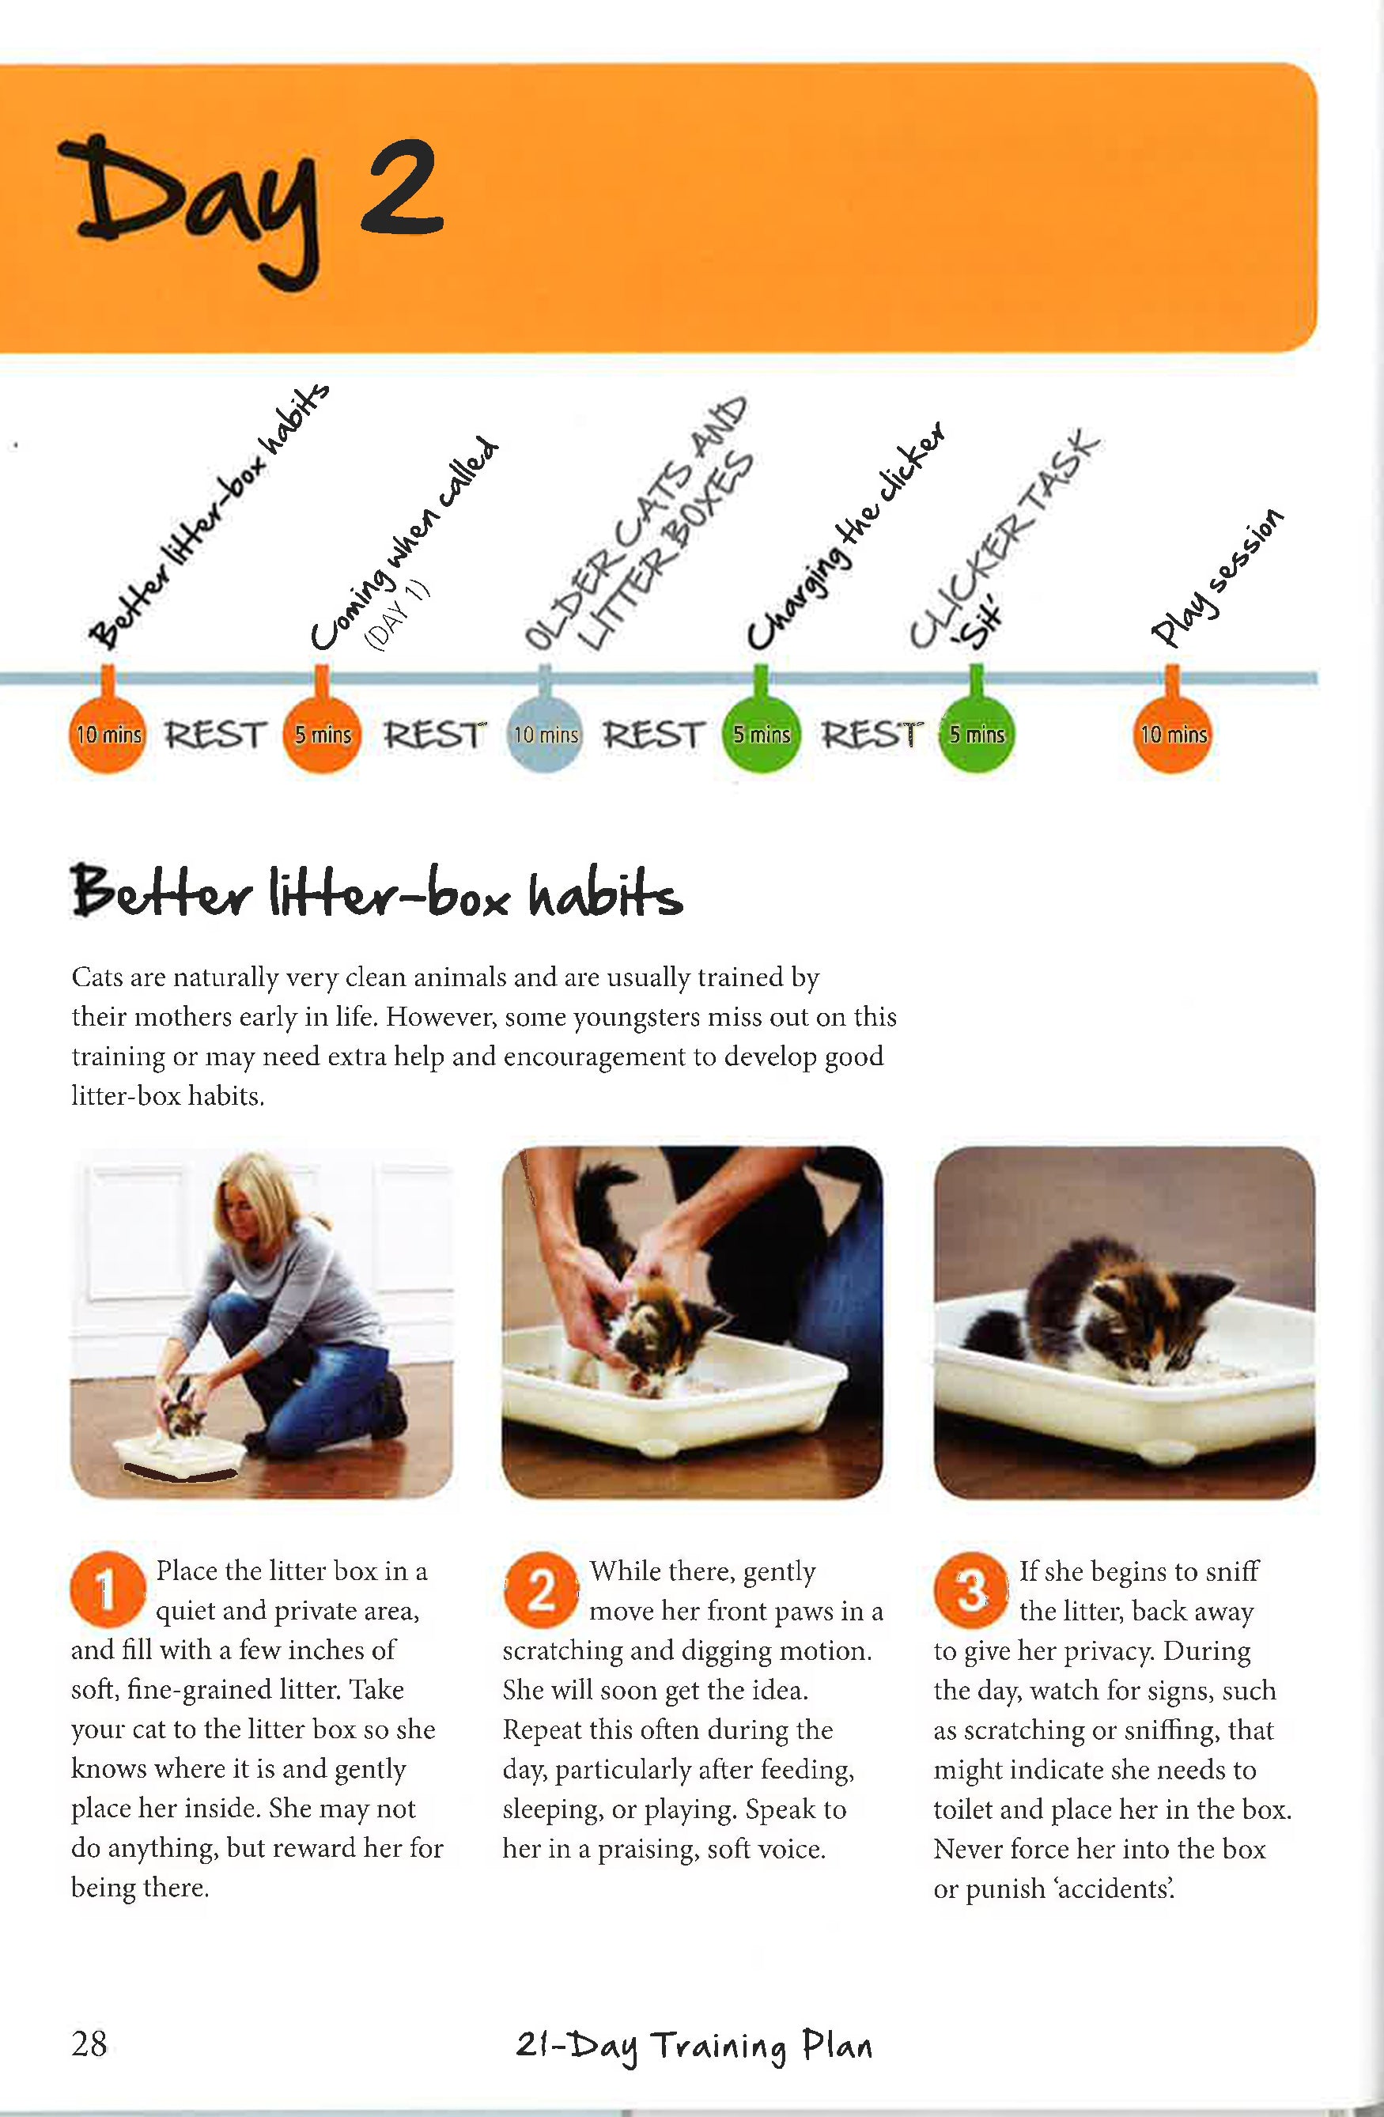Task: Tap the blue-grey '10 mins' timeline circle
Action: coord(545,734)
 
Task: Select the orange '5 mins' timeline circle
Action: coord(322,734)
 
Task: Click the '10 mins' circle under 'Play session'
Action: coord(1172,734)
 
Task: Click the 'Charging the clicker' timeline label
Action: coord(845,536)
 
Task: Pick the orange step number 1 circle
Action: coord(108,1590)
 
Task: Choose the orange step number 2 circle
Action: coord(541,1590)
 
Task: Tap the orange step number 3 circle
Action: coord(971,1590)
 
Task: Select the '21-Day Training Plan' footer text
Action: coord(694,2047)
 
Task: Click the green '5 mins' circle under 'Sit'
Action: coord(976,734)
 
